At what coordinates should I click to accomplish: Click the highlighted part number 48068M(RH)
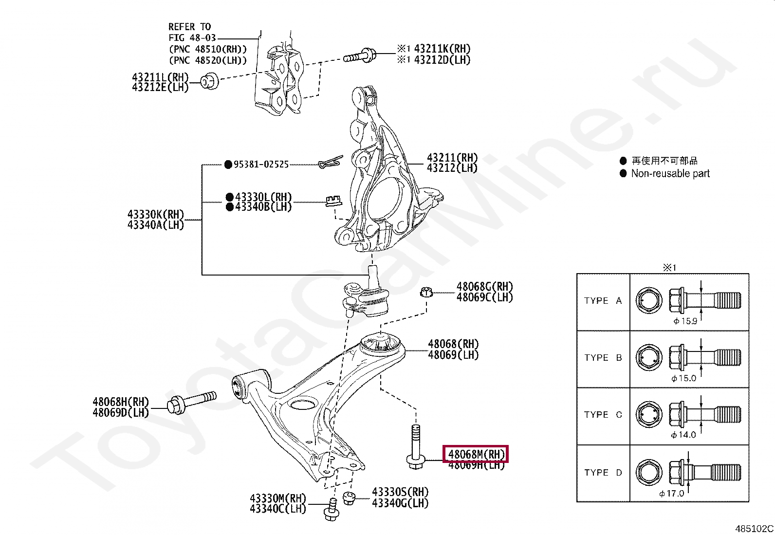pos(476,454)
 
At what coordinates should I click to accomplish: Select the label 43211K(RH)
pos(442,49)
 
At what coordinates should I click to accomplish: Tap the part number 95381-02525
pos(261,165)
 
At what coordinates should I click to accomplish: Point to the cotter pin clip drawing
pos(331,162)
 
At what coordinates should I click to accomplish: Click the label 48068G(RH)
pos(484,287)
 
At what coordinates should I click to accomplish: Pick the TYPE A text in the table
pos(603,301)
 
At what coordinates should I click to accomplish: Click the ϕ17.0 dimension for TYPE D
pos(672,493)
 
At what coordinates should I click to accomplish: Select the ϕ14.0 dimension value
pos(683,435)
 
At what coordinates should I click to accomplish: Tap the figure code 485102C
pos(754,529)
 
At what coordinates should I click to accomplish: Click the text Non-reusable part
pos(670,174)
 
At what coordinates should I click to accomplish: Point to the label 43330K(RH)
pos(156,214)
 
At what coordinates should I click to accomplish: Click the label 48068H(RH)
pos(121,402)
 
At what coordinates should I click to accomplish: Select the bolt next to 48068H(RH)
pos(192,402)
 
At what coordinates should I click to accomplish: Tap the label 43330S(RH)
pos(400,492)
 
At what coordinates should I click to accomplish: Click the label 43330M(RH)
pos(277,498)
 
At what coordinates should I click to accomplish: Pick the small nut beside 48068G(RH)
pos(426,292)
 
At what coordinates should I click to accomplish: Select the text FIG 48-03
pos(192,38)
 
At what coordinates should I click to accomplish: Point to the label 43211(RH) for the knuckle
pos(452,158)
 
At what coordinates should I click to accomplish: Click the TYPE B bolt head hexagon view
pos(649,358)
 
